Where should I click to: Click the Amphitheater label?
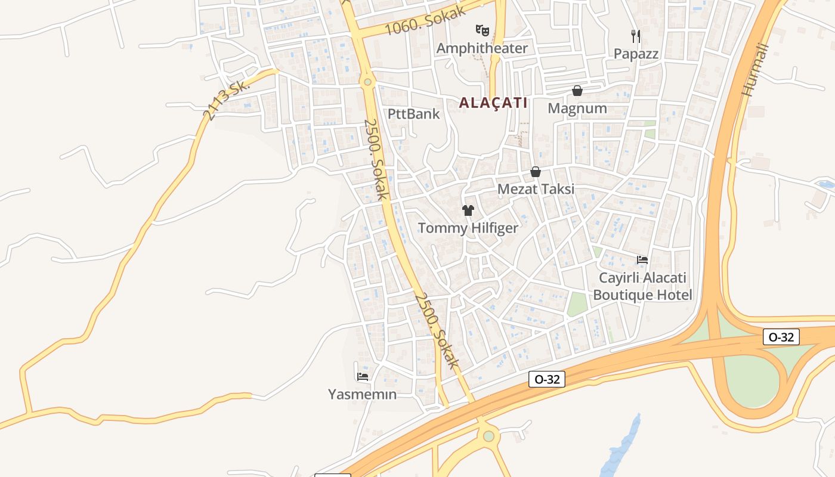[x=482, y=48]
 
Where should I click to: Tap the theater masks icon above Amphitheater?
[x=482, y=30]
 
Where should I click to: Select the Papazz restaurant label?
[x=636, y=54]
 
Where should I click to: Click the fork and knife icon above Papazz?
[x=636, y=36]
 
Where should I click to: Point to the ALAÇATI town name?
[x=493, y=103]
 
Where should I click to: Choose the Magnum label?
[x=577, y=109]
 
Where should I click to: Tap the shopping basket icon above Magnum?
[x=577, y=91]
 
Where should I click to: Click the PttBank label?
[x=413, y=114]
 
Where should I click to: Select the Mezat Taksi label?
[x=536, y=189]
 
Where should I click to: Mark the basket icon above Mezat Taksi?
[x=536, y=172]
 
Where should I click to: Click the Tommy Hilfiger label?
[x=468, y=228]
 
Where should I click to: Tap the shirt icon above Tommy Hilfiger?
[x=468, y=210]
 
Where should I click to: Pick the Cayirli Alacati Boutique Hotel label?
[x=642, y=286]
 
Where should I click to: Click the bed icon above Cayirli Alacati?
[x=642, y=259]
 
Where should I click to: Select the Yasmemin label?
[x=362, y=394]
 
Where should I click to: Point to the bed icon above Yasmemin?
[x=362, y=376]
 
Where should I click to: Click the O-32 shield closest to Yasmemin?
[x=546, y=379]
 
